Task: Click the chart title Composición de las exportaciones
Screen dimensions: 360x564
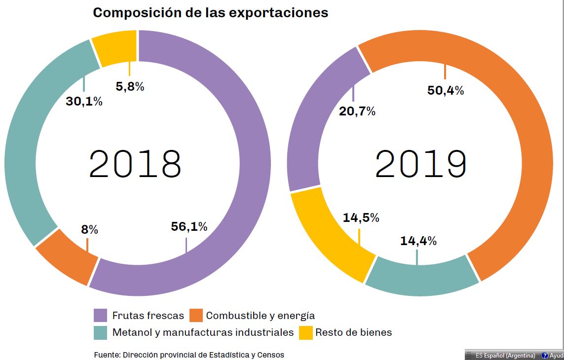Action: [x=210, y=13]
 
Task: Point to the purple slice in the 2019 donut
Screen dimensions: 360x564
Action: [x=316, y=123]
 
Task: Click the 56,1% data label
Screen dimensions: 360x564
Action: [x=189, y=226]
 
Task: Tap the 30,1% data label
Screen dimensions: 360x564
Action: [x=84, y=102]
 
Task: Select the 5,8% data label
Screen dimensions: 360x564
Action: [x=130, y=86]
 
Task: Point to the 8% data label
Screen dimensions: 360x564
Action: [x=89, y=229]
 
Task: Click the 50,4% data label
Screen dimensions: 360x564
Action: [x=446, y=90]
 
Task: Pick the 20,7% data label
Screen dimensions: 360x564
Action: [x=357, y=111]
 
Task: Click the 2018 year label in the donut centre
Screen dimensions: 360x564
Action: [x=135, y=164]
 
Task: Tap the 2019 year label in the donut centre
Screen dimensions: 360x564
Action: [x=420, y=164]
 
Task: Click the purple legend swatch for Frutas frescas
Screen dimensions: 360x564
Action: [x=100, y=316]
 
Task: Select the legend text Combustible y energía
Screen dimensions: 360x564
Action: [x=260, y=316]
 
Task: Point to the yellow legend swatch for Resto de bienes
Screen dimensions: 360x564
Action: [x=306, y=333]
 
